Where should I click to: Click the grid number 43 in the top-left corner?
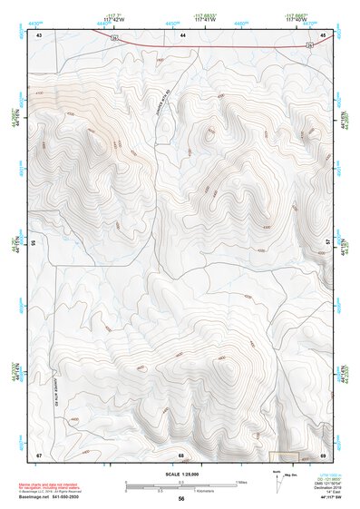[39, 34]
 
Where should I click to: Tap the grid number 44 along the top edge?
[181, 34]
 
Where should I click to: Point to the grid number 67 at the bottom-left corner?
[39, 454]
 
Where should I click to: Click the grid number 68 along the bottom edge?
[181, 454]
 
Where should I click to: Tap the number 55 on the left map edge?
[34, 243]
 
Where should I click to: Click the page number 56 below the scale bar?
[181, 499]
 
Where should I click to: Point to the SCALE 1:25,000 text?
[181, 474]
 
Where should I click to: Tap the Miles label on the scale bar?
[240, 481]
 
